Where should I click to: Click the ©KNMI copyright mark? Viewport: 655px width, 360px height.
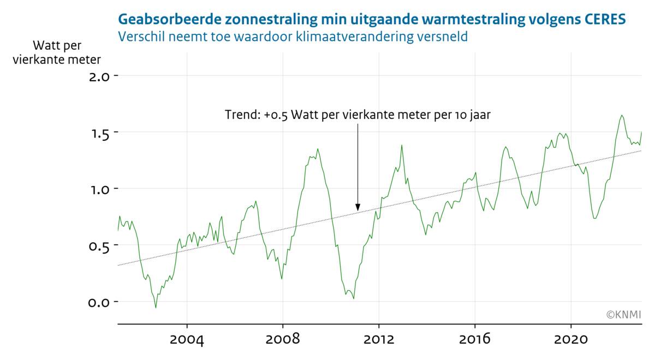[x=623, y=315]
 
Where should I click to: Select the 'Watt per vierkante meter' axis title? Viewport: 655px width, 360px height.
[x=57, y=52]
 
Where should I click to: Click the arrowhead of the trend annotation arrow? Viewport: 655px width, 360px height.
[x=358, y=208]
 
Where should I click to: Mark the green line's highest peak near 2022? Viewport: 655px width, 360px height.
[x=622, y=115]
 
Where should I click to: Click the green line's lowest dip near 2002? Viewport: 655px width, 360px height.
[x=156, y=308]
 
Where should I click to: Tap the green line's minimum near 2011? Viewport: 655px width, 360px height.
[x=354, y=299]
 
